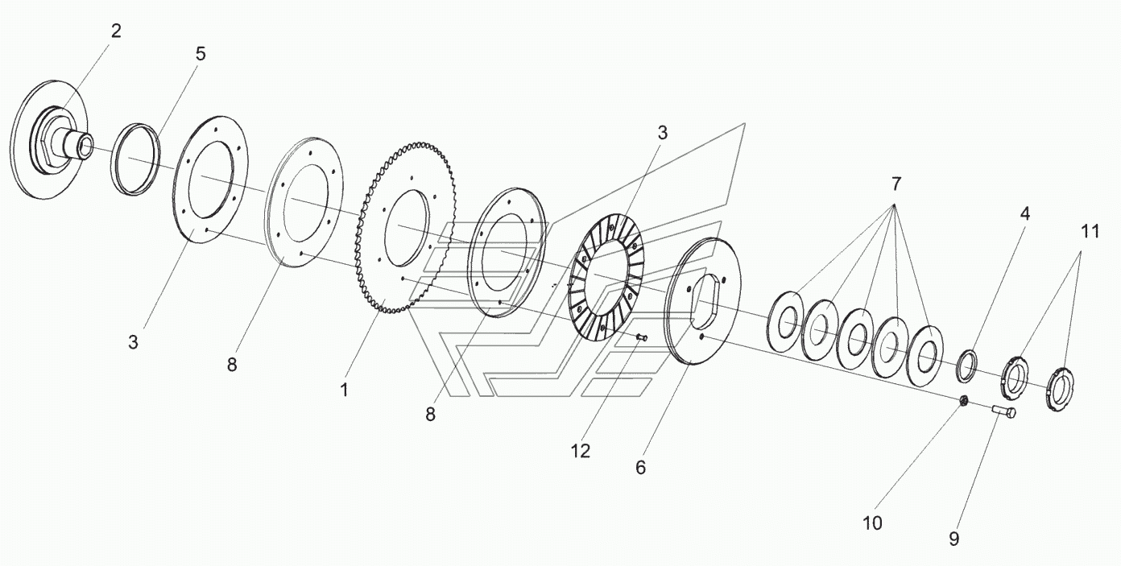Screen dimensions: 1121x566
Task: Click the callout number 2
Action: click(116, 31)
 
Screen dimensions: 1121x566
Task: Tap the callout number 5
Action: click(201, 54)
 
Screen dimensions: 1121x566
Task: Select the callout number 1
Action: click(344, 390)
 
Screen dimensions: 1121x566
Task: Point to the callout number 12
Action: click(580, 451)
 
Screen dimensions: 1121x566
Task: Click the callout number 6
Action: click(640, 467)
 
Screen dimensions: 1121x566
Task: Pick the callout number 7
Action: click(896, 184)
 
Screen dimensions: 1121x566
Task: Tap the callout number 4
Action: click(1025, 213)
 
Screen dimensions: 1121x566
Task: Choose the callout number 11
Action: click(1090, 231)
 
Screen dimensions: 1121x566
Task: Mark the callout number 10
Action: click(872, 523)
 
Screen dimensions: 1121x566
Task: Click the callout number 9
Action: click(953, 539)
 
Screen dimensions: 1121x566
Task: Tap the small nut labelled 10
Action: click(963, 400)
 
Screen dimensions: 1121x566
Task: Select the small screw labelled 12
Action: click(642, 338)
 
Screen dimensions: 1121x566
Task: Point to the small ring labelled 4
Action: click(967, 366)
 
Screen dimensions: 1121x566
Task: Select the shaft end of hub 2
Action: click(85, 146)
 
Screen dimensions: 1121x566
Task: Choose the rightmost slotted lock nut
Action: click(1060, 390)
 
